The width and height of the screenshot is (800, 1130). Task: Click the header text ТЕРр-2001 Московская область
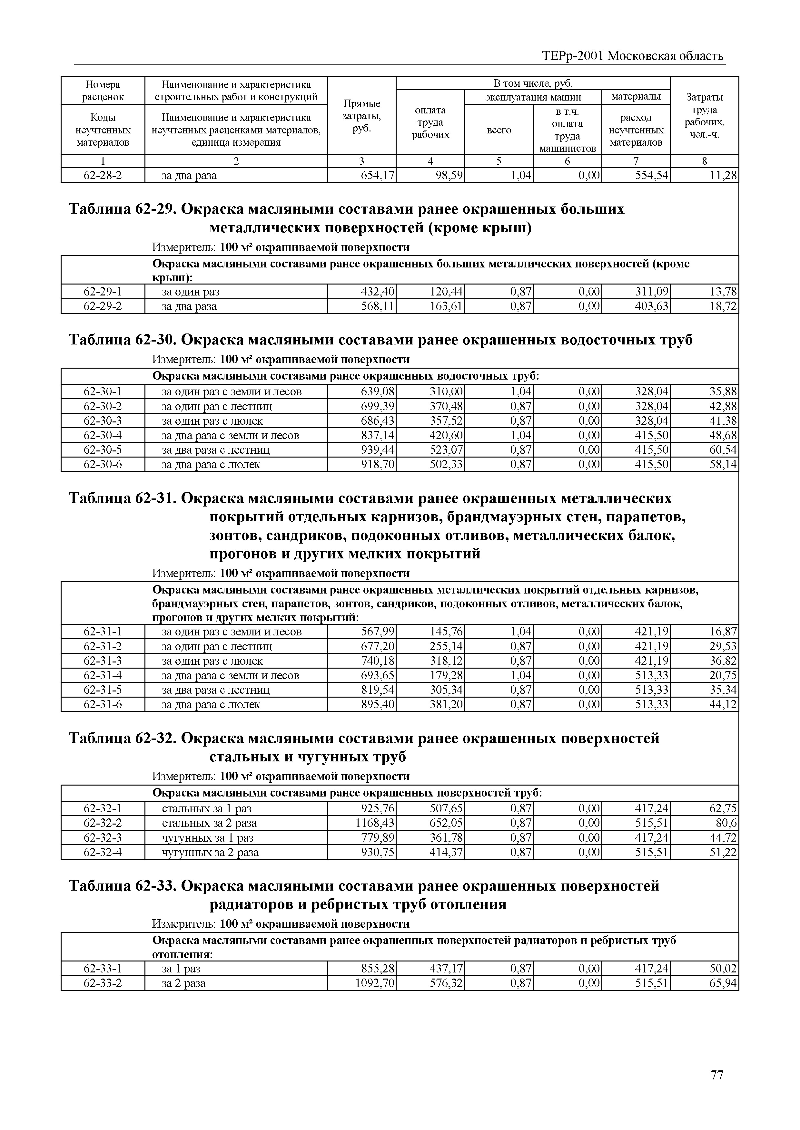click(633, 56)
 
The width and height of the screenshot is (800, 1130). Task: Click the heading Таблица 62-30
click(123, 340)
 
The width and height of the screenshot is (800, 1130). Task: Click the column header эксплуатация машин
click(533, 97)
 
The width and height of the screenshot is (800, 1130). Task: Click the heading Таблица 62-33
click(123, 886)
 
